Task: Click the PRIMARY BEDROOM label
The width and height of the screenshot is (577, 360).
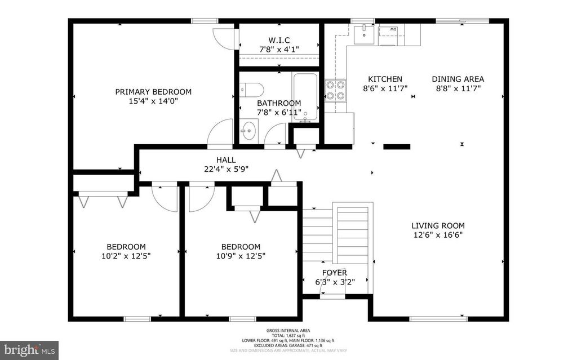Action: [x=153, y=92]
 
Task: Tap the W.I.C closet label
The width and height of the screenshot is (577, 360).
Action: [x=279, y=40]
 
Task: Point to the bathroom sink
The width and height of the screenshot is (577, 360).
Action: [x=248, y=131]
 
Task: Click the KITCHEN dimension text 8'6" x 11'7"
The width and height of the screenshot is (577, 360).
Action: [x=385, y=88]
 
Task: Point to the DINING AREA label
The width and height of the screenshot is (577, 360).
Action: [x=458, y=79]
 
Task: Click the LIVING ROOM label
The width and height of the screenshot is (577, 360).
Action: [x=437, y=225]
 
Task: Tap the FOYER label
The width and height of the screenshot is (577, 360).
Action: [x=335, y=273]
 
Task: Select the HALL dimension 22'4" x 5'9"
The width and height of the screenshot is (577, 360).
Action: [x=226, y=169]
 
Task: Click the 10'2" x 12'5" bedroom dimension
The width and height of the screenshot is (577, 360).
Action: [x=126, y=256]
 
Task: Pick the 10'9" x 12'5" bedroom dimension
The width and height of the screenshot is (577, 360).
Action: [x=241, y=256]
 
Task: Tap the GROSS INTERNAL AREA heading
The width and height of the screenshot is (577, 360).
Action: [x=288, y=331]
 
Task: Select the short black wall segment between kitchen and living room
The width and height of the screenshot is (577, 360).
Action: [x=396, y=146]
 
